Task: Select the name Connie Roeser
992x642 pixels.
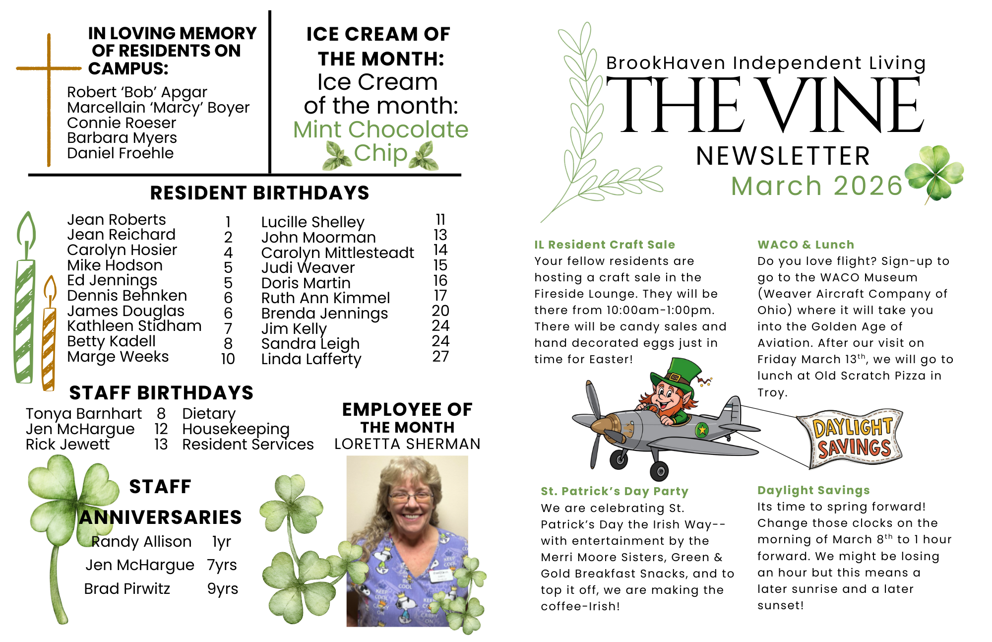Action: (122, 123)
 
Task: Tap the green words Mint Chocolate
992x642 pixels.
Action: (380, 130)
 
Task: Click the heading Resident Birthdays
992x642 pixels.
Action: (259, 193)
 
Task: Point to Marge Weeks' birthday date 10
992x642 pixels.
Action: (228, 359)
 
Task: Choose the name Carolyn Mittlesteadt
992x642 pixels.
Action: (337, 253)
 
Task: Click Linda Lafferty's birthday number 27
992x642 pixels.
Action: (440, 357)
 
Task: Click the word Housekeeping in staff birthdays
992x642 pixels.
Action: (236, 429)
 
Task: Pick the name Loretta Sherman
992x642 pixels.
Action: (407, 444)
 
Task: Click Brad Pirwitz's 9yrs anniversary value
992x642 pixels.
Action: (223, 589)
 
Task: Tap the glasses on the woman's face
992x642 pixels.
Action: (410, 496)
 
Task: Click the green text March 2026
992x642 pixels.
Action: (816, 186)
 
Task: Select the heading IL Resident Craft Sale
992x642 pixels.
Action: (605, 245)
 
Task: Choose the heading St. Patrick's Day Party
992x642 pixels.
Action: (615, 492)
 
